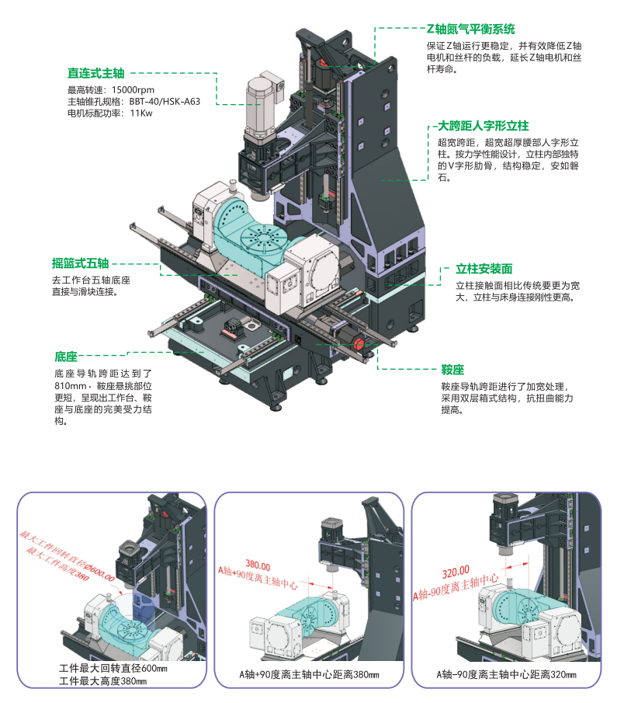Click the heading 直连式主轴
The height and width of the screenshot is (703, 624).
pyautogui.click(x=95, y=74)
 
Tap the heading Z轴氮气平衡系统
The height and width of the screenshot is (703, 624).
pyautogui.click(x=471, y=30)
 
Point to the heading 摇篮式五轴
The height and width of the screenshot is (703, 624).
pyautogui.click(x=80, y=263)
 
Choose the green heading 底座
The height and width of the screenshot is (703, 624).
pyautogui.click(x=66, y=357)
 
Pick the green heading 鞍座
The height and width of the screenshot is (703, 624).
pyautogui.click(x=452, y=369)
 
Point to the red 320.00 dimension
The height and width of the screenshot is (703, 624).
pyautogui.click(x=456, y=572)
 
